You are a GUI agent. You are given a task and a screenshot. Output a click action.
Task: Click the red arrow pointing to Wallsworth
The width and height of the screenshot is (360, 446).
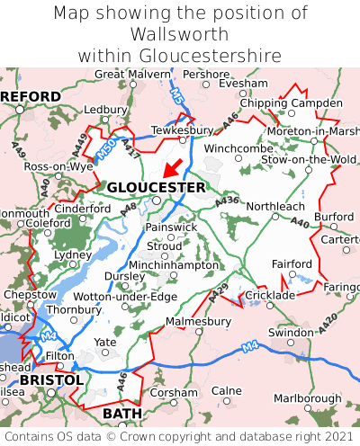[174, 167]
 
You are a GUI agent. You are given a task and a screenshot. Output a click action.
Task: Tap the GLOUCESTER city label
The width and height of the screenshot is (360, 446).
[156, 187]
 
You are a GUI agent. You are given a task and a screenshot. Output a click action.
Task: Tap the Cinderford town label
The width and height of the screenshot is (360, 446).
[83, 209]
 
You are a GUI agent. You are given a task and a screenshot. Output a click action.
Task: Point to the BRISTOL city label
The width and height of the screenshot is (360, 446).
[50, 380]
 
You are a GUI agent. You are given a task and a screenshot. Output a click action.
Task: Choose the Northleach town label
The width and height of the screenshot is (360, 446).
[276, 206]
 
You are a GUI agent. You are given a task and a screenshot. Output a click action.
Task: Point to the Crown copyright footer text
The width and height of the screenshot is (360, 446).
[180, 436]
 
